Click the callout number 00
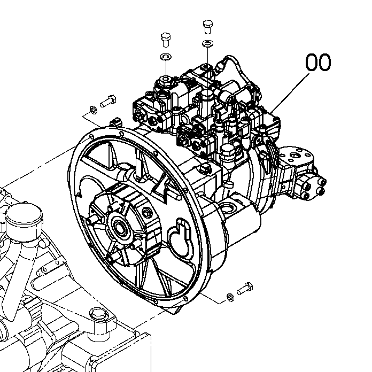(318, 63)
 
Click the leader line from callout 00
(291, 91)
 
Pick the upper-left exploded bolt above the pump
(165, 40)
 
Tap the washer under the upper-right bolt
(207, 43)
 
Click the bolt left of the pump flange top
(108, 100)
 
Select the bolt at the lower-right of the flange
(244, 288)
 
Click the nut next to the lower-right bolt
(228, 295)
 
